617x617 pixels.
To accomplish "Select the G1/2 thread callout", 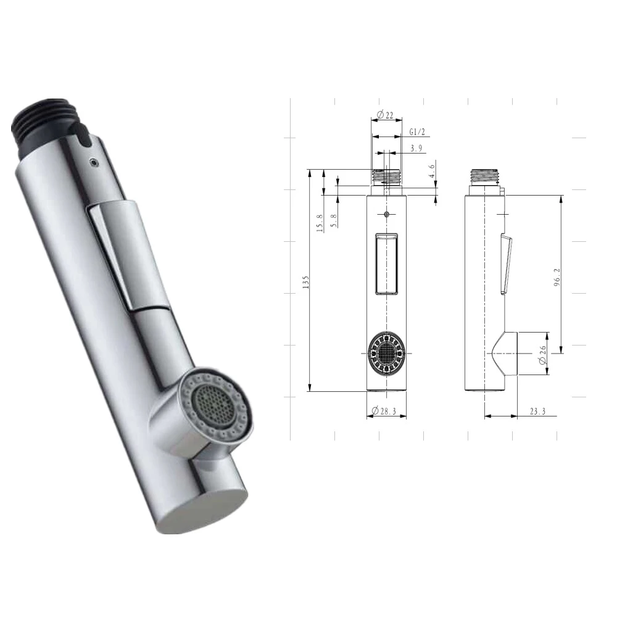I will (x=418, y=132).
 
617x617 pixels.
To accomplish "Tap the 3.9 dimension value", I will (x=416, y=148).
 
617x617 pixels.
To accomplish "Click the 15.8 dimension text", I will (x=320, y=223).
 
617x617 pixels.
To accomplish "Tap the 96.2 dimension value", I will (x=557, y=278).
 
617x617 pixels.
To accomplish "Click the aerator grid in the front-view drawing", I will (x=386, y=353).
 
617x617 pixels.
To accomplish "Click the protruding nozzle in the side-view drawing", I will (x=506, y=353).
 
